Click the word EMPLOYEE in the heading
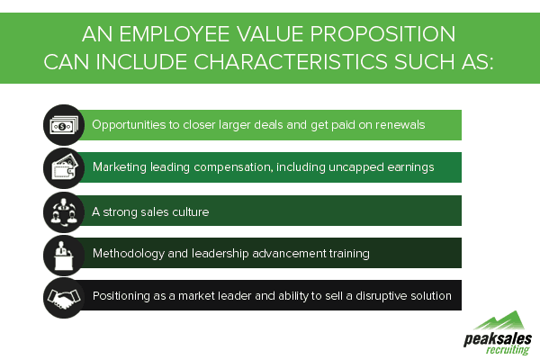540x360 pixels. click(184, 34)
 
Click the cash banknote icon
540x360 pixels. click(63, 125)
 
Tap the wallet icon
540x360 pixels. click(63, 167)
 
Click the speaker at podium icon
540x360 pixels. click(63, 254)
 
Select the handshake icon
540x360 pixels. click(63, 296)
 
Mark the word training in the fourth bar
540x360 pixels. click(347, 254)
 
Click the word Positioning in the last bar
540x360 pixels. click(125, 296)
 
